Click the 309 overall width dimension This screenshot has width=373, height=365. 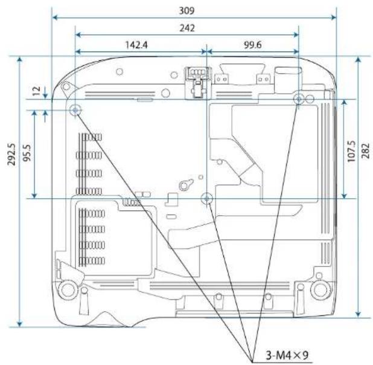tap(186, 11)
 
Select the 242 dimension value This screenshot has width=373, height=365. tap(187, 28)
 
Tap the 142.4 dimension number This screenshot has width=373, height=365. tap(136, 45)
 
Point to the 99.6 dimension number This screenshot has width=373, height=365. tap(253, 45)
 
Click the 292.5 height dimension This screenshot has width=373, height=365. tap(11, 154)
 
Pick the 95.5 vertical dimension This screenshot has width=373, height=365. tap(27, 153)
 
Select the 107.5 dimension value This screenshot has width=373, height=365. tap(351, 152)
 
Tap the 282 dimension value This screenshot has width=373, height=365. tap(366, 150)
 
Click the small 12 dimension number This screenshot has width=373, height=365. tap(36, 91)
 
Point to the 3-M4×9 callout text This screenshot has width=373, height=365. tap(287, 355)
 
